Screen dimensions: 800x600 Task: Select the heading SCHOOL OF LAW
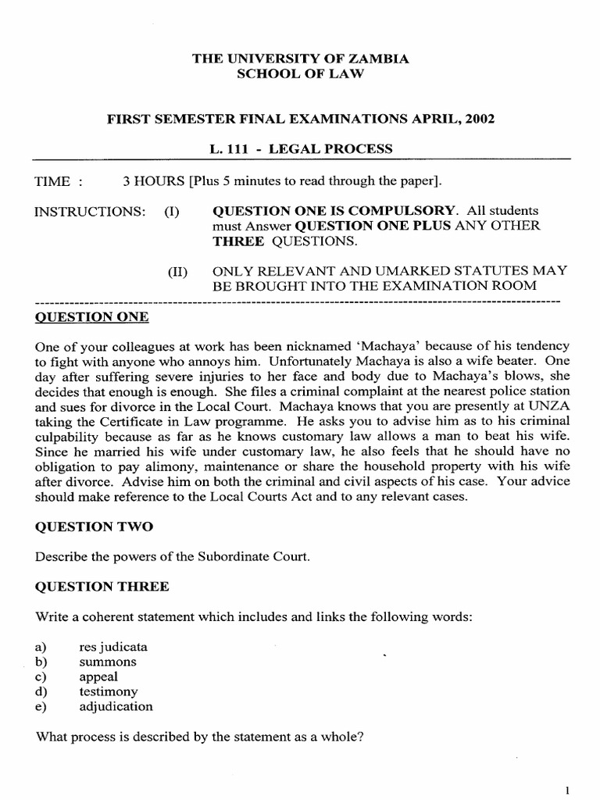(300, 73)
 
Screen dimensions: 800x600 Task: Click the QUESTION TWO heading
(95, 527)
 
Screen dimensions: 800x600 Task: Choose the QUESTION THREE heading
(102, 587)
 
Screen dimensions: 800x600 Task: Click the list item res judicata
(113, 647)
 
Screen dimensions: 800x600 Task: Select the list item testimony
(109, 691)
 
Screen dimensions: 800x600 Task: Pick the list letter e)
(41, 706)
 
